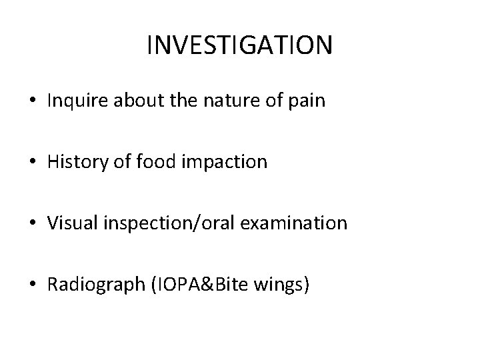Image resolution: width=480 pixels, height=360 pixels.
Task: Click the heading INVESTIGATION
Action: [239, 45]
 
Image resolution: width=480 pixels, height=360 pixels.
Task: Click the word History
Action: [73, 162]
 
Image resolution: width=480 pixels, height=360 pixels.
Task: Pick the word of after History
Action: [115, 161]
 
